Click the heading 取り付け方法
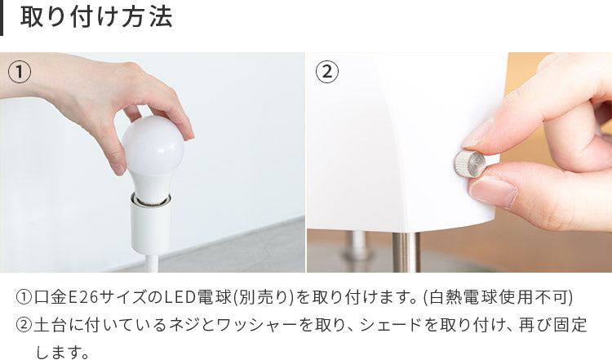pyautogui.click(x=96, y=18)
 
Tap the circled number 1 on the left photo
pyautogui.click(x=20, y=72)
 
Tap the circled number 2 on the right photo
pyautogui.click(x=327, y=72)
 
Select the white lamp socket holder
pyautogui.click(x=151, y=224)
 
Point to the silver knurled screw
pyautogui.click(x=469, y=164)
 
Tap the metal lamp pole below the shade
pyautogui.click(x=406, y=252)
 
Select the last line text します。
pyautogui.click(x=63, y=352)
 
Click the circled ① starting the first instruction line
pyautogui.click(x=24, y=297)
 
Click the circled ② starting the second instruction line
pyautogui.click(x=24, y=325)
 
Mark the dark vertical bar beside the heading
pyautogui.click(x=2, y=18)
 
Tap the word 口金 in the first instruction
pyautogui.click(x=51, y=297)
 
